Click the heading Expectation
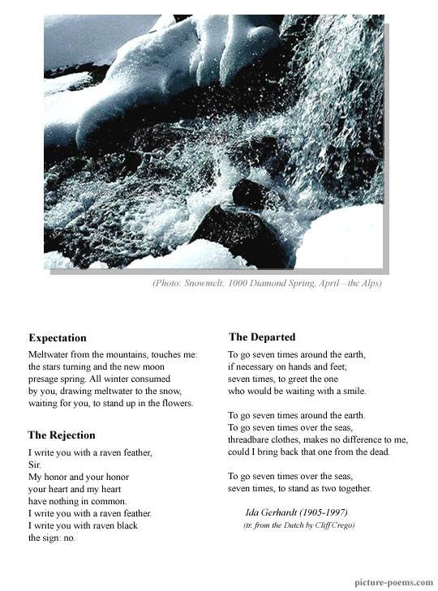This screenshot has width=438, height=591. coord(57,338)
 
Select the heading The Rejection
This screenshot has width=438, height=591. coord(61,435)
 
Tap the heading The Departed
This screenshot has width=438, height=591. coord(262,336)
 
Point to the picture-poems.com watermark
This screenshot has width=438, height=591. coord(393,582)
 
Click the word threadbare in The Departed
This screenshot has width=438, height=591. coord(253,439)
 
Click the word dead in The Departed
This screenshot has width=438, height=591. coord(379,452)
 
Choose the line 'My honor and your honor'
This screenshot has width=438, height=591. coord(78,477)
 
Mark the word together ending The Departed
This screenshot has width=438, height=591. coord(350,488)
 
